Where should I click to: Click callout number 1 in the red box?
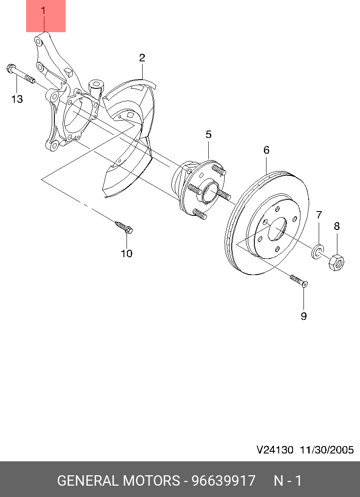tap(43, 10)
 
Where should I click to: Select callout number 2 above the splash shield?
tap(142, 58)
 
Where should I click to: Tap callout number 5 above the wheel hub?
tap(209, 134)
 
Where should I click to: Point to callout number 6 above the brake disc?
tap(267, 150)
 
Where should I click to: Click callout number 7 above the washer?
tap(319, 215)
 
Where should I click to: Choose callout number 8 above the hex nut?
tap(337, 226)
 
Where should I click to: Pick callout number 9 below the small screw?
tap(303, 316)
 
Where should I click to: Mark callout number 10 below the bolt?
tap(127, 253)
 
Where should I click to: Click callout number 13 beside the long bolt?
tap(17, 99)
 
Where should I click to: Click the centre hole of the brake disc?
tap(277, 229)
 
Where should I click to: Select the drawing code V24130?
tap(275, 450)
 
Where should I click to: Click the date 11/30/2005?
tap(326, 450)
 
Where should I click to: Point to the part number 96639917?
tap(223, 481)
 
